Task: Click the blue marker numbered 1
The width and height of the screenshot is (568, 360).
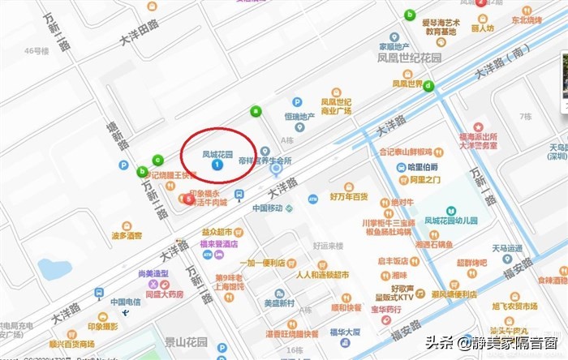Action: [217, 165]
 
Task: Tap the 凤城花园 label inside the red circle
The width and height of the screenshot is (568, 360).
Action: [217, 153]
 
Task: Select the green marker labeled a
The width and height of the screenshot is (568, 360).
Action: [256, 110]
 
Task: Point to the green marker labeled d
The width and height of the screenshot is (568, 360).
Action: [428, 86]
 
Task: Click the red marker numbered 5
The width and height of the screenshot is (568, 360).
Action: [189, 199]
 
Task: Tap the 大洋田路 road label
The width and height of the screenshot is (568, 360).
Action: [138, 32]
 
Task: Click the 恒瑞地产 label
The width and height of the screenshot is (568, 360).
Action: [299, 116]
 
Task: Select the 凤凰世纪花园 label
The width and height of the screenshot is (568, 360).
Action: [403, 58]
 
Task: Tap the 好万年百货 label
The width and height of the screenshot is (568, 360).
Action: [349, 196]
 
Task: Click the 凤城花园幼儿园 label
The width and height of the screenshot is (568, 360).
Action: [451, 220]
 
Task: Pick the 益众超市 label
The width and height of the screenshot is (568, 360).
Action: [217, 232]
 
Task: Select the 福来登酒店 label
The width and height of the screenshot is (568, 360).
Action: [219, 243]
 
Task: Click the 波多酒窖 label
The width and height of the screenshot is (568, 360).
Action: [127, 236]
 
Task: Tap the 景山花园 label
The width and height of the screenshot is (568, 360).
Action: [209, 341]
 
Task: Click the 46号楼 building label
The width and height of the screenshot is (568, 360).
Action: [37, 50]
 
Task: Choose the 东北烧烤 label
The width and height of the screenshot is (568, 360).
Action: [527, 20]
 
